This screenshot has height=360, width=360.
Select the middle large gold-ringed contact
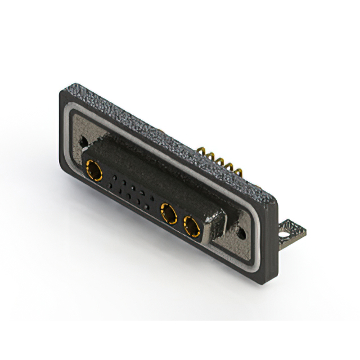168,214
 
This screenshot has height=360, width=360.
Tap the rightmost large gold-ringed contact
192,227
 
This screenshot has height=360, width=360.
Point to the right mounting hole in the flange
241,231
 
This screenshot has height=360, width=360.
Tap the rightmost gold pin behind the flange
238,170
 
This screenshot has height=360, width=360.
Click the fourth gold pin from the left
229,166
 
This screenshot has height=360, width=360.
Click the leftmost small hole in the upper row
115,177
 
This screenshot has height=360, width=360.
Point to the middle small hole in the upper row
132,187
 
